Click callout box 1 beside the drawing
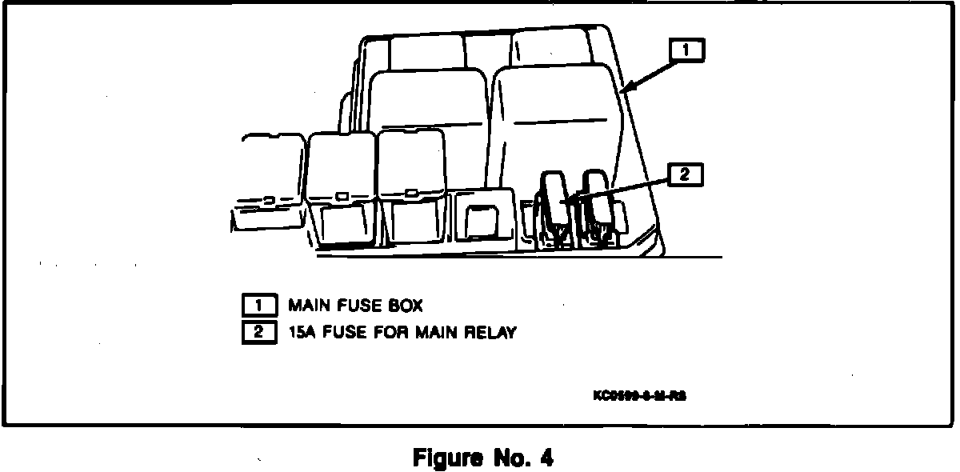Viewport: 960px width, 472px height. (x=687, y=51)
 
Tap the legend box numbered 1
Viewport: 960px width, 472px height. (x=258, y=305)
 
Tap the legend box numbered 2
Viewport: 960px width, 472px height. (x=258, y=331)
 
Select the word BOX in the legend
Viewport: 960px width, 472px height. (x=402, y=305)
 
